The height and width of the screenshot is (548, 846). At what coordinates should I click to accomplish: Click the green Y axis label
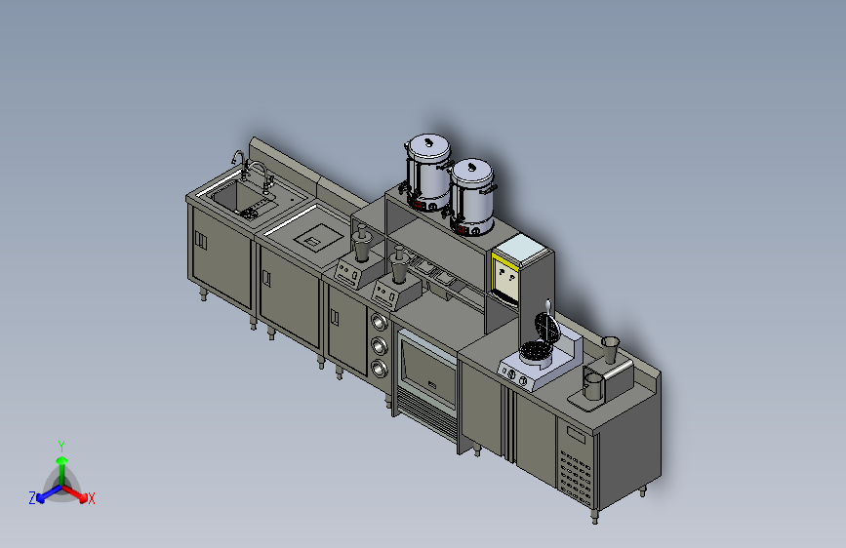61,446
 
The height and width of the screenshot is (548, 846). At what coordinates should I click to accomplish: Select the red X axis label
91,499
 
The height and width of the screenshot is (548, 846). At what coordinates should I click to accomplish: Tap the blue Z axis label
32,498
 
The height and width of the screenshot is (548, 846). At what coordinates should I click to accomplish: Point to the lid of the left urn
429,145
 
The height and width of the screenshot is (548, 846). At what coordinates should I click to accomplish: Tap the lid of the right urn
472,172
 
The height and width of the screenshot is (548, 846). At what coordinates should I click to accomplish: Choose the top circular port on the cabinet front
379,322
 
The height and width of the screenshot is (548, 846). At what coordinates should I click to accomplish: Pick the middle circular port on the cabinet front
380,345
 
